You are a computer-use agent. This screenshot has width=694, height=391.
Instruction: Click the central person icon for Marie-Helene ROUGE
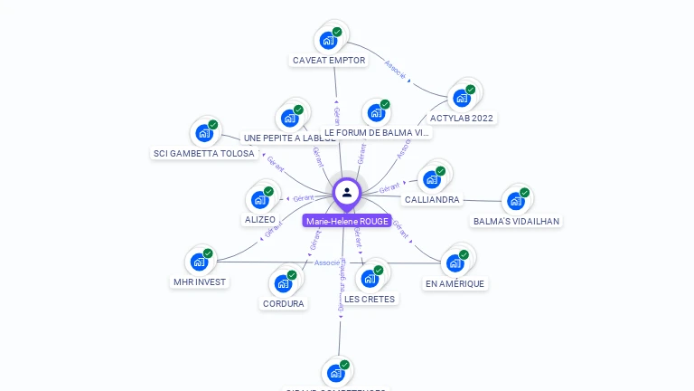(347, 192)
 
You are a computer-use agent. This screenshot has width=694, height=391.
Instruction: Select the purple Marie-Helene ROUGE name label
(347, 221)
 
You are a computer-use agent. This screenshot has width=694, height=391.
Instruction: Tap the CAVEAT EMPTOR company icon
(327, 41)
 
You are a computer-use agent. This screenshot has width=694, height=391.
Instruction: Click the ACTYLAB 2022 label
(463, 118)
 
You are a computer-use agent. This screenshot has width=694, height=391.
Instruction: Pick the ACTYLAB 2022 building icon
(462, 97)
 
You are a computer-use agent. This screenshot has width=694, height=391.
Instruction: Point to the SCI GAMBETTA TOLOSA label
(203, 153)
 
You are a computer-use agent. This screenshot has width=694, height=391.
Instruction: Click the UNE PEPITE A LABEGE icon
(289, 118)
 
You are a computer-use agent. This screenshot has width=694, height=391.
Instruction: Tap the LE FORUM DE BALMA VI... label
(377, 132)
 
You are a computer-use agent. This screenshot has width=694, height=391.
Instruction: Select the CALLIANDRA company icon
(431, 179)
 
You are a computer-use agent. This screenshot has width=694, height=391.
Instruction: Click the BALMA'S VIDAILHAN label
(516, 221)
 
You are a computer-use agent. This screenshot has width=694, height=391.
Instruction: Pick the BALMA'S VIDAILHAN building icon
(515, 201)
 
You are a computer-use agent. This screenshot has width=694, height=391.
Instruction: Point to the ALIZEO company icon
(259, 200)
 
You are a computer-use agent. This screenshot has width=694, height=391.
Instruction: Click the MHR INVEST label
(200, 281)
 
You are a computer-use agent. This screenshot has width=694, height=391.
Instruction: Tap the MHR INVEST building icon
(199, 262)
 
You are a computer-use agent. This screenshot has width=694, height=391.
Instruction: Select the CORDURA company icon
(283, 284)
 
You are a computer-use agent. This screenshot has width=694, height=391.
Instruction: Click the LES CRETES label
(370, 299)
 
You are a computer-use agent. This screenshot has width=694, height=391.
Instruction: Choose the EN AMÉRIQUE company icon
(455, 263)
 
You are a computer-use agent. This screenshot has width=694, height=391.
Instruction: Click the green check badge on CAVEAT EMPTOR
(337, 32)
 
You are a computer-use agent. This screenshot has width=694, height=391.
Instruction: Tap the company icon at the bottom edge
(335, 373)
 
